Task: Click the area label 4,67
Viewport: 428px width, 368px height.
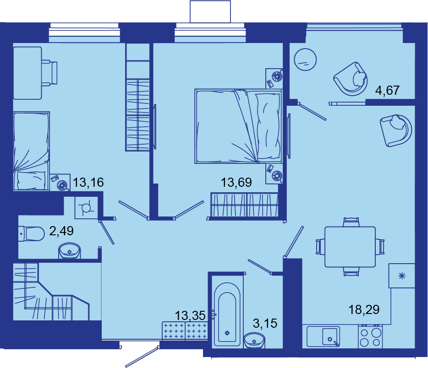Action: point(387,90)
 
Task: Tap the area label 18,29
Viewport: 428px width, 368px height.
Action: point(364,310)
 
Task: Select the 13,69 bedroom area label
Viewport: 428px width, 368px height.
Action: point(236,182)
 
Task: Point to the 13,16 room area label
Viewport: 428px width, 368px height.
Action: point(88,182)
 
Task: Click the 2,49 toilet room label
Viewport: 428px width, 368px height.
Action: point(61,231)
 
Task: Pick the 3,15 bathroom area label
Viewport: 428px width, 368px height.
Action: point(265,323)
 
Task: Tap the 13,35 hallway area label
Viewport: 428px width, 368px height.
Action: point(190,316)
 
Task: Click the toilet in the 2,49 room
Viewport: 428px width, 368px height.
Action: point(32,234)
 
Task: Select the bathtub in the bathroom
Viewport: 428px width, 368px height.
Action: point(227,314)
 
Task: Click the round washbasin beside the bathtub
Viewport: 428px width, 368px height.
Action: point(254,340)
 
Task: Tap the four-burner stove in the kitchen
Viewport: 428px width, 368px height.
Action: point(370,337)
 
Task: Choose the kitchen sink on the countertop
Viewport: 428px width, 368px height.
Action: point(323,337)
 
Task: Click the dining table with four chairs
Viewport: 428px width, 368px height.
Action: point(350,247)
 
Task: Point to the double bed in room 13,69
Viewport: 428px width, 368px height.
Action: point(238,126)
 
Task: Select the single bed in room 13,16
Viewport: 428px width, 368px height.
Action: point(32,151)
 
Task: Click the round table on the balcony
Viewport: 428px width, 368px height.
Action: point(305,60)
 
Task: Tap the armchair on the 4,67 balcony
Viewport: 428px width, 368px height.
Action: point(351,79)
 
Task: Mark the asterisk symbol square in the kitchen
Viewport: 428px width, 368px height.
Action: point(402,276)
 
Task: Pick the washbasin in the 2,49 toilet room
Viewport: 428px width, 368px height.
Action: point(69,251)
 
